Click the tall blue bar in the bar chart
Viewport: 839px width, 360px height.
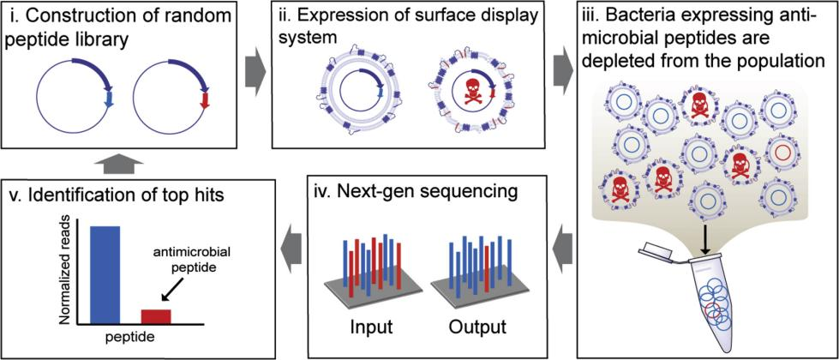pos(105,275)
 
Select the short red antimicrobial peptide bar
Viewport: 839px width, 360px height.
pos(156,316)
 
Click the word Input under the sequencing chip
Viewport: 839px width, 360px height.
pos(372,327)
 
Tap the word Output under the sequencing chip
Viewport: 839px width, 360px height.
pos(476,327)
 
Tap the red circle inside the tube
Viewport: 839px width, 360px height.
pos(713,311)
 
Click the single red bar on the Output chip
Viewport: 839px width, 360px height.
pos(487,269)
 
